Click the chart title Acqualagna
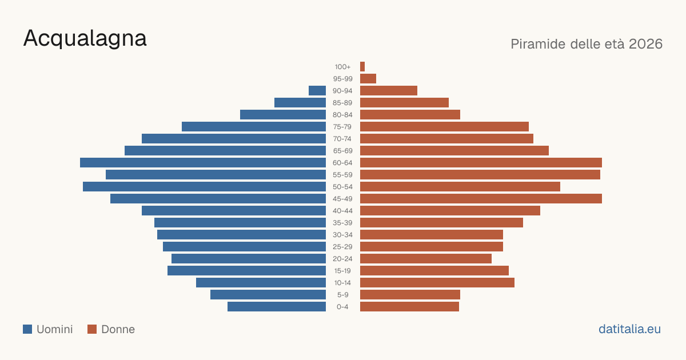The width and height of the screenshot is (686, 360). pos(85,39)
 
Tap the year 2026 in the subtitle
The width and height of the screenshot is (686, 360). pos(645,44)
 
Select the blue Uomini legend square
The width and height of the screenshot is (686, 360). pos(27,329)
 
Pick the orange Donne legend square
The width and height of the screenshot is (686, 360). pos(92,329)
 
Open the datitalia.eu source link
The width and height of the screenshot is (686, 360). pos(629,329)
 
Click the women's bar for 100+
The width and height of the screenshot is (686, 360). pos(362,66)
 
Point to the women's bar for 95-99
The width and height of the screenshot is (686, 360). pos(368,79)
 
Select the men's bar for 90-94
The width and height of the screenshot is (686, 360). pos(317,91)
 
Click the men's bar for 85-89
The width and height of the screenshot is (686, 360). pos(300,102)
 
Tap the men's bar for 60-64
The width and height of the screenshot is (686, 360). pos(203,162)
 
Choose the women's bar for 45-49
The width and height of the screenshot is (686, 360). pos(481,199)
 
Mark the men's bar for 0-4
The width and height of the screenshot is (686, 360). pos(277,306)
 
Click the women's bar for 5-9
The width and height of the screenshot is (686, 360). pos(410,294)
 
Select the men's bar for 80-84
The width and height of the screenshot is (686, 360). pos(283,114)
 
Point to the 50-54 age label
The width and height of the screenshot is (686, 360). pos(342,187)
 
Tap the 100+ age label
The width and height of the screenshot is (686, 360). pos(342,67)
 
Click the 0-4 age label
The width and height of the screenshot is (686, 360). pos(342,307)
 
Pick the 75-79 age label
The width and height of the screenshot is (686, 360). pos(342,127)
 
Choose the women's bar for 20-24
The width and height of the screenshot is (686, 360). pos(426,259)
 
